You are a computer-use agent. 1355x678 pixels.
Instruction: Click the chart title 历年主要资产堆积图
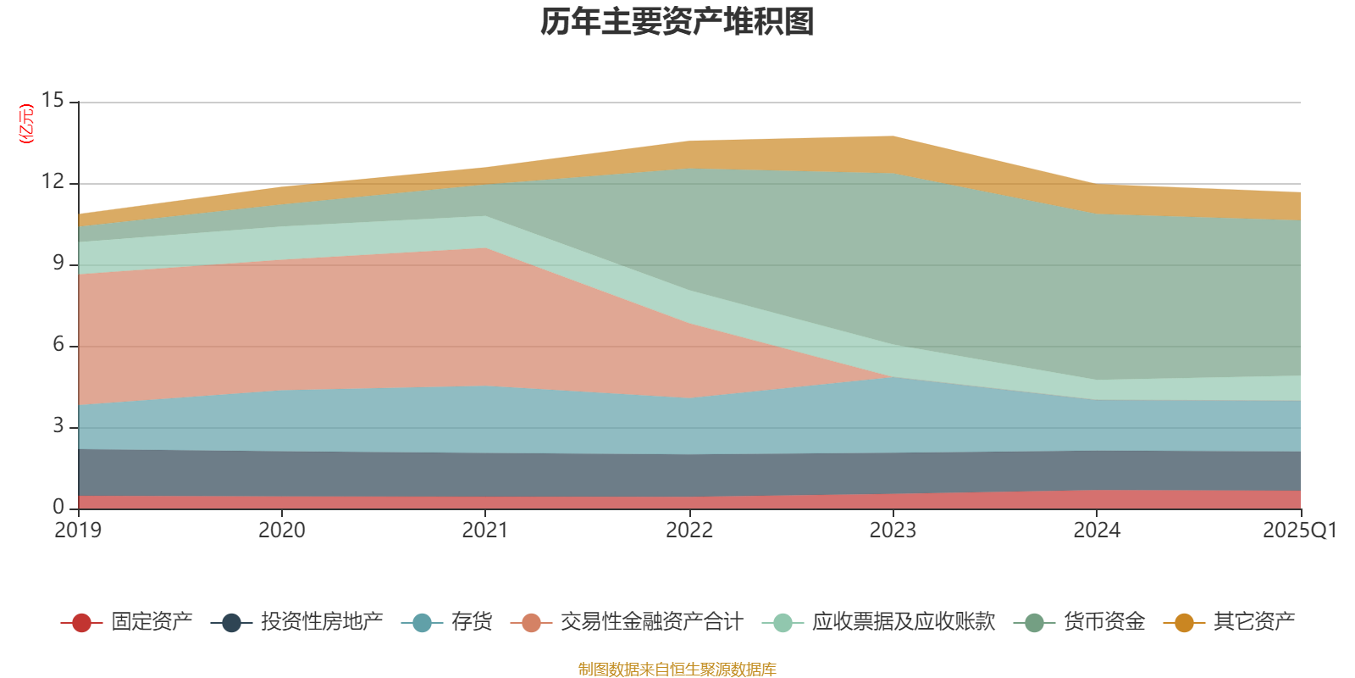(677, 22)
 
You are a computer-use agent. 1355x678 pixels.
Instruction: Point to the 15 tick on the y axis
(53, 101)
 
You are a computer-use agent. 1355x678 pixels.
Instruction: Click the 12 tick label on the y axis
(53, 182)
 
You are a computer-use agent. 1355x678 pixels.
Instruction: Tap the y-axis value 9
(58, 264)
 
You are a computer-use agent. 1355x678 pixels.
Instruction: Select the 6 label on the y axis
(58, 345)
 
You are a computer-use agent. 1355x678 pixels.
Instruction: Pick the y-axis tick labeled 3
(58, 425)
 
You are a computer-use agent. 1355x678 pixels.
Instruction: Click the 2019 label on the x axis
(78, 531)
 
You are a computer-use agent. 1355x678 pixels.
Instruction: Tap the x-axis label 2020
(281, 531)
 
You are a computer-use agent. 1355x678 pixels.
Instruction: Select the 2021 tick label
(484, 531)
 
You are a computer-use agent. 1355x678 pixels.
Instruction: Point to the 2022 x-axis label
(689, 531)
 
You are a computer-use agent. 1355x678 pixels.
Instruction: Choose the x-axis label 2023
(893, 531)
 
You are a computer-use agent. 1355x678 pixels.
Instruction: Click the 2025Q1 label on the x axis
(1299, 531)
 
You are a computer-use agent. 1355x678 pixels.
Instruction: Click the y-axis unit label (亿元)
(26, 124)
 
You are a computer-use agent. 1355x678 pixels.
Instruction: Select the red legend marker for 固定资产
(81, 623)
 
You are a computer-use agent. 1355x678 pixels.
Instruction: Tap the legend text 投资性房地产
(321, 622)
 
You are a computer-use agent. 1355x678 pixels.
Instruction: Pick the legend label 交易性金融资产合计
(650, 622)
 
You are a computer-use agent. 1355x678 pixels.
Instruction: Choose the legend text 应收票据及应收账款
(903, 622)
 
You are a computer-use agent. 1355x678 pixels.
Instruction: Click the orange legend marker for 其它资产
(1184, 623)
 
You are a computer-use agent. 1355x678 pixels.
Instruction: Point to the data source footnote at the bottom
(677, 670)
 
